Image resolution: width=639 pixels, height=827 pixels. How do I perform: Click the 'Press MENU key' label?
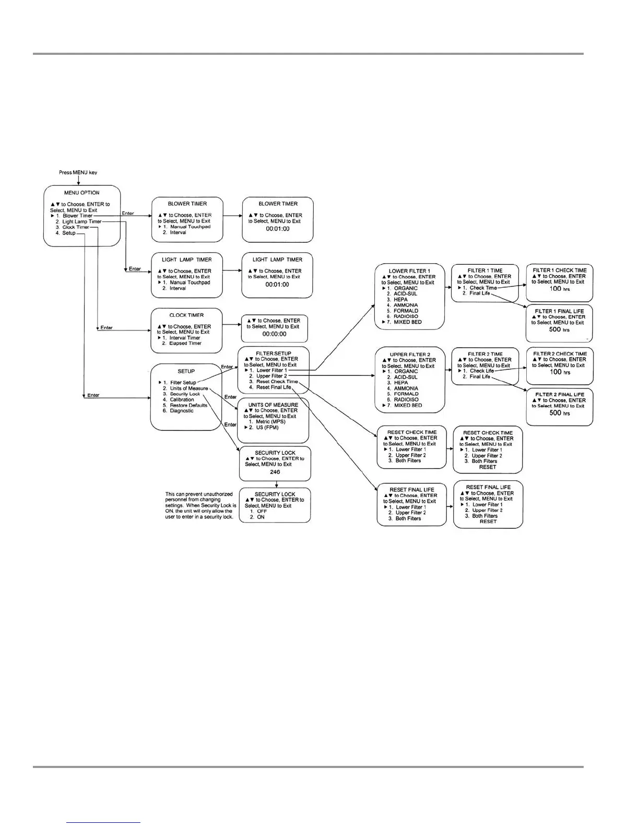click(78, 172)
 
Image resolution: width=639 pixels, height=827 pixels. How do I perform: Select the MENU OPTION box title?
click(82, 193)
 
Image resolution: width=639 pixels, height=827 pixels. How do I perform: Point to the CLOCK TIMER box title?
click(186, 315)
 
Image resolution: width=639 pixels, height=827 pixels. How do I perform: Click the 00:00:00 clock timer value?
click(274, 334)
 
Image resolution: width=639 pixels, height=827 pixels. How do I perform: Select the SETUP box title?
click(186, 371)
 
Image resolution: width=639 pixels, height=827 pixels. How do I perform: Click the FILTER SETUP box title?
click(274, 353)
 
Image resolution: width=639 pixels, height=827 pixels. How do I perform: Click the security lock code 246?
click(275, 472)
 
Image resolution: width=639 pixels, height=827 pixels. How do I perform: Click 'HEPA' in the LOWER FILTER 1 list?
click(400, 300)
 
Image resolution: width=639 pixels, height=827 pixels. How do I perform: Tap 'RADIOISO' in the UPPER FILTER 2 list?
click(406, 399)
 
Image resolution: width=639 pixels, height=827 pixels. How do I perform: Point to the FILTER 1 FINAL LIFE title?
click(559, 311)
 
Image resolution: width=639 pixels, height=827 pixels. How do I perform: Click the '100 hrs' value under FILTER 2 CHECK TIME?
click(560, 372)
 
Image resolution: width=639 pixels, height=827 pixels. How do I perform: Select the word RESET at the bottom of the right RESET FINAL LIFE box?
click(488, 522)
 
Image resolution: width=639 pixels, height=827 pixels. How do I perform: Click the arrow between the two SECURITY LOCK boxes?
click(276, 485)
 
